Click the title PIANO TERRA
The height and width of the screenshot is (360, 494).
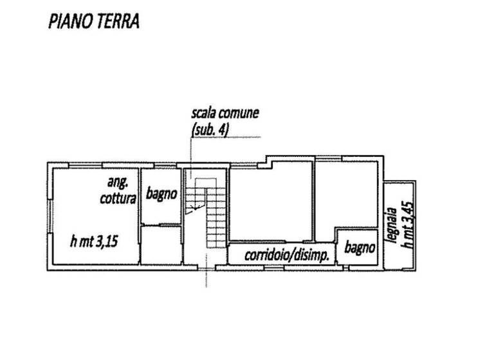94,22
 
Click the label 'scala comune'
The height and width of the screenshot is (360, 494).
224,113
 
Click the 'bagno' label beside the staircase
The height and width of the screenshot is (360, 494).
161,194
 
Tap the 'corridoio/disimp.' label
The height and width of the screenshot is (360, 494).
287,255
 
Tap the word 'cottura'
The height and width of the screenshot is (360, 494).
118,199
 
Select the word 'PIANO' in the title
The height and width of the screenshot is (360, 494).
68,22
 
